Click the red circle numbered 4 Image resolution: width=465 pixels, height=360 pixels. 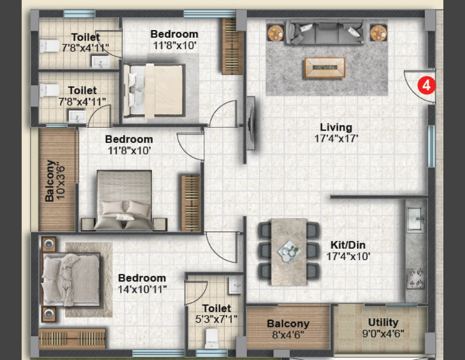pos(427,85)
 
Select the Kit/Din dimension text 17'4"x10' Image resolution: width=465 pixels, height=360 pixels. pos(348,257)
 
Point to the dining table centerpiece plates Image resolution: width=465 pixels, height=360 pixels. pos(289,251)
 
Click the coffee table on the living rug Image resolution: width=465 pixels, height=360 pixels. pos(325,68)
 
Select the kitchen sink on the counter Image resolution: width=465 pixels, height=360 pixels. pos(415,219)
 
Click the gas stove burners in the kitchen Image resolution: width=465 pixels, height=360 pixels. pos(416,278)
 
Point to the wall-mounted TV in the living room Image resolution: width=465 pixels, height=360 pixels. pos(251,123)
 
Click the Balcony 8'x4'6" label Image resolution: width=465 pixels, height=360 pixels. pos(288,329)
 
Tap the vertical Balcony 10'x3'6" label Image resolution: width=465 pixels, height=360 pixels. pos(55,181)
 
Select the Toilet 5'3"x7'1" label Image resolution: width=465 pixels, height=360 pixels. pos(216,313)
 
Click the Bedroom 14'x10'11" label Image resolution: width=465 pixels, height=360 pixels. pos(142,284)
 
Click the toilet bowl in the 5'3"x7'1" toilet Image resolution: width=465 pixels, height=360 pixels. pos(211,338)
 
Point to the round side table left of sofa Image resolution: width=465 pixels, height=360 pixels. pos(276,32)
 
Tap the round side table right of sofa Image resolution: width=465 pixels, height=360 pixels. pos(378,32)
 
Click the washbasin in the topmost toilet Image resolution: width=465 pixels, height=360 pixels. pos(100,62)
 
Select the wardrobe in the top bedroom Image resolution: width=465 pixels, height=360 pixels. pos(232,46)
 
